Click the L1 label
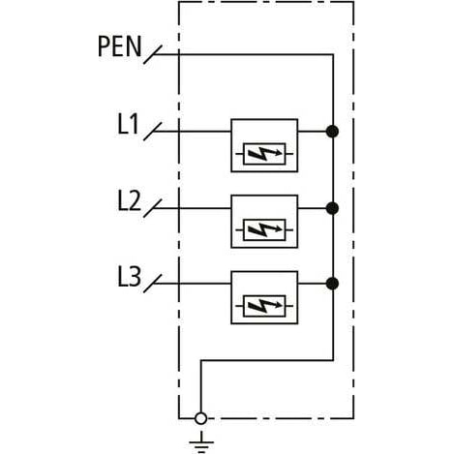click(x=128, y=124)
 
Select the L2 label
click(x=128, y=200)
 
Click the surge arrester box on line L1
click(x=264, y=145)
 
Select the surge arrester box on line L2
click(x=264, y=222)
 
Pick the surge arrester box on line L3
click(x=264, y=297)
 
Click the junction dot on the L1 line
click(x=332, y=131)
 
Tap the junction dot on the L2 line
click(x=332, y=207)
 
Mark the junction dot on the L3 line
click(x=332, y=284)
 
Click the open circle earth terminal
click(x=200, y=418)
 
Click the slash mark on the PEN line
click(x=151, y=55)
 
